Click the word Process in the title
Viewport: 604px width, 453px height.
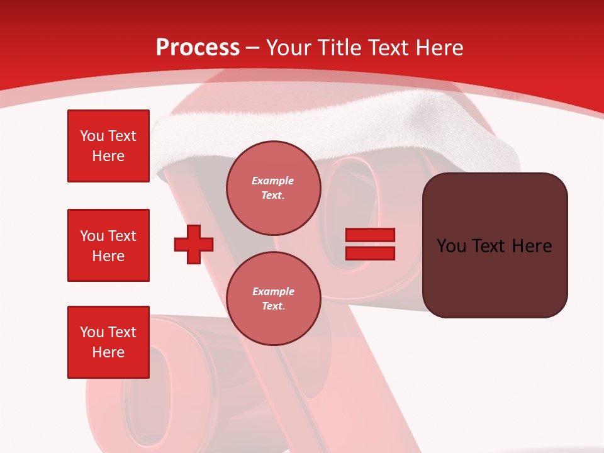point(198,48)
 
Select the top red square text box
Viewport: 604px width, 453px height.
point(108,146)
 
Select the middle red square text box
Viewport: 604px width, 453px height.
point(108,245)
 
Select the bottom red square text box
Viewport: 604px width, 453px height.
point(108,342)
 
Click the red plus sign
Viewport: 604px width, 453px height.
point(194,244)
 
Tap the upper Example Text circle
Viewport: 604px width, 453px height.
point(274,188)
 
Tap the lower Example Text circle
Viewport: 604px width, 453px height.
point(274,299)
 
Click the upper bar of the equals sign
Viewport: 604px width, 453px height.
point(370,235)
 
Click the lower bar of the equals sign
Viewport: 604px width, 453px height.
point(370,254)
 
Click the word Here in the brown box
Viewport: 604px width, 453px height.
point(532,246)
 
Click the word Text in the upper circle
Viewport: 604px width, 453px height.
point(272,196)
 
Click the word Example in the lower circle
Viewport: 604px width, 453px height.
point(273,291)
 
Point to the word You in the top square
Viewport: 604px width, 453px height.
point(92,136)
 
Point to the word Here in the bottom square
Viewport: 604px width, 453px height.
point(108,352)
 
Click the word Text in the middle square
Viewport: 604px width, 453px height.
point(122,236)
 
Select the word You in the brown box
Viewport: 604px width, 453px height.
point(451,246)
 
